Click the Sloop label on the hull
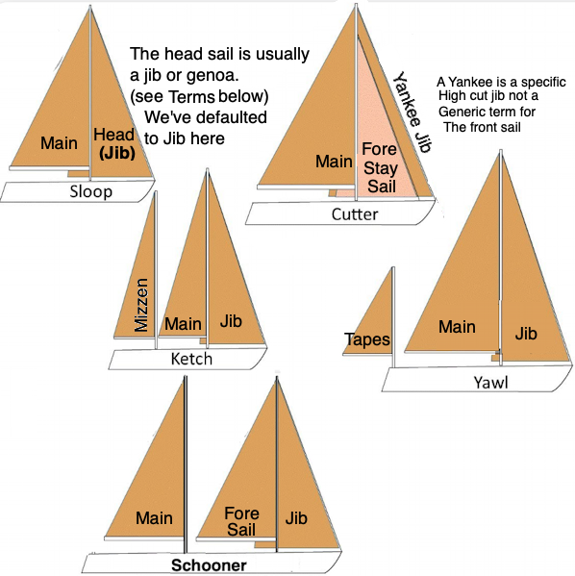[91, 191]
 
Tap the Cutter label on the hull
[355, 214]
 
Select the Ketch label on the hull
[191, 359]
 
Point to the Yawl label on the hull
[490, 383]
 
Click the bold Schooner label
[209, 565]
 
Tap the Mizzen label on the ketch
[141, 305]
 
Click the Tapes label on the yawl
[367, 339]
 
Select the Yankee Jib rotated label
[412, 112]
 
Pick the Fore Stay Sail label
[380, 167]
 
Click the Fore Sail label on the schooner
[241, 521]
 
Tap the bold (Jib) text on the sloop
[117, 153]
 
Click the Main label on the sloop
[59, 143]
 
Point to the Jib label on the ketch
[231, 321]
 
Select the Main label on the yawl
[457, 327]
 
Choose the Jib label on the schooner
[296, 518]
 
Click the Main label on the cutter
[334, 162]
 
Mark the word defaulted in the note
[232, 117]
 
